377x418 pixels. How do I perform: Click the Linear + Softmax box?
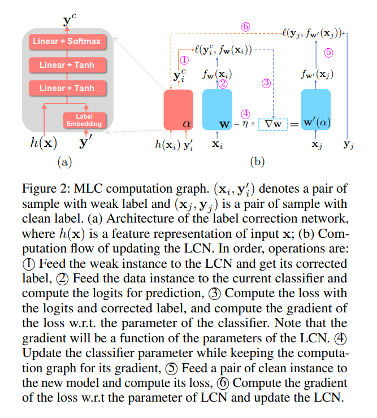pyautogui.click(x=67, y=41)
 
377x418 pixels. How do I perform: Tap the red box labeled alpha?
pyautogui.click(x=177, y=110)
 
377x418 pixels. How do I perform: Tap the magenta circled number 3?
pyautogui.click(x=266, y=82)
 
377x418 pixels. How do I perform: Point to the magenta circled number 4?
pyautogui.click(x=245, y=112)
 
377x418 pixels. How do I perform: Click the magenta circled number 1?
pyautogui.click(x=184, y=59)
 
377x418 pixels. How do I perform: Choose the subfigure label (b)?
pyautogui.click(x=257, y=162)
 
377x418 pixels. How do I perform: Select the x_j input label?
pyautogui.click(x=317, y=145)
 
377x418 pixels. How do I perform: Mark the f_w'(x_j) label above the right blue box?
pyautogui.click(x=315, y=73)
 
